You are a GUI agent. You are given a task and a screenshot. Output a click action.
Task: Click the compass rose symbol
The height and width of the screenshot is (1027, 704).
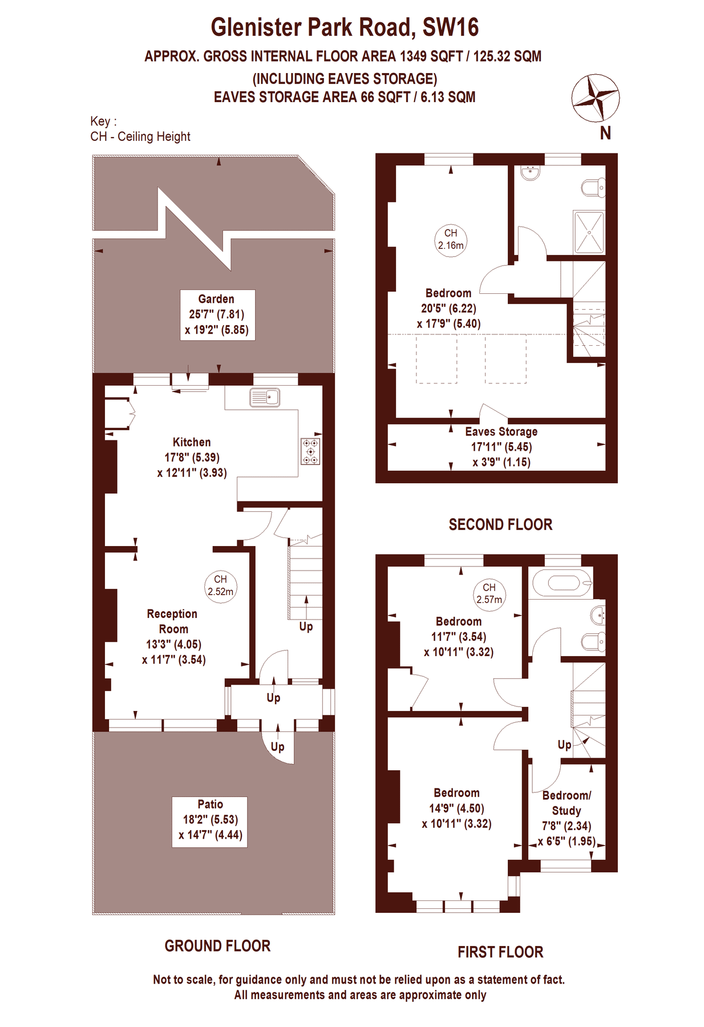pos(596,98)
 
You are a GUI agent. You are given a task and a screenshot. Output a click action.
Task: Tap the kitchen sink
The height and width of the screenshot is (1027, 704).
pos(265,397)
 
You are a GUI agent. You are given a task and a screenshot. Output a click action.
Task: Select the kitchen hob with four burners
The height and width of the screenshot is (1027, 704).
pos(311,451)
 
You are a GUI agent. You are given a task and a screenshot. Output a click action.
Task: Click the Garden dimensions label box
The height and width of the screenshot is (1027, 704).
pos(217,315)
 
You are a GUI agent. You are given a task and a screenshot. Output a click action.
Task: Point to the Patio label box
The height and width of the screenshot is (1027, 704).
pos(210,822)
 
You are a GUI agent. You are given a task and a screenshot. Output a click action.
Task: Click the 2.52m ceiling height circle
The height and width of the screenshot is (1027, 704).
pos(221,586)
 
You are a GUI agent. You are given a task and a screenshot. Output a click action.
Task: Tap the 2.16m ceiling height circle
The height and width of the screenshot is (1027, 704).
pos(451,240)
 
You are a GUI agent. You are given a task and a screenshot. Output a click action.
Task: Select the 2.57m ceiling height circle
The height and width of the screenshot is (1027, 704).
pos(489,594)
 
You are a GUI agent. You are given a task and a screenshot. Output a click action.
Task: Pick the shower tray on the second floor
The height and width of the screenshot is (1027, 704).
pos(589,232)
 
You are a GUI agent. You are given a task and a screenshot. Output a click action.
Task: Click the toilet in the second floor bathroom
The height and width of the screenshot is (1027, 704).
pos(593,188)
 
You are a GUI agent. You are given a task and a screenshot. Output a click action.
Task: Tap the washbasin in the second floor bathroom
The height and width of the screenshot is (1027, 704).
pos(531,172)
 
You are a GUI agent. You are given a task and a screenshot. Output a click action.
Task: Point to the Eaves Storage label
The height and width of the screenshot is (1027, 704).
pos(501,432)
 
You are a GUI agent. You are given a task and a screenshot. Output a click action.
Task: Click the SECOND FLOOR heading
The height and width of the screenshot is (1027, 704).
pos(500,524)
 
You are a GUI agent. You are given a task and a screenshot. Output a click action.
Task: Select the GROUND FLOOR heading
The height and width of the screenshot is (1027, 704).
pos(217,946)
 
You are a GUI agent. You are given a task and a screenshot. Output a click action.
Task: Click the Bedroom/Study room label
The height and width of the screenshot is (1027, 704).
pos(567,803)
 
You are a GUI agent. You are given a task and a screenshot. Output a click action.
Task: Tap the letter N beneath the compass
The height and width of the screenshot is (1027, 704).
pos(605,133)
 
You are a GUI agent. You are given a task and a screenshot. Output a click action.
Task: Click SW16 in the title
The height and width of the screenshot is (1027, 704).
pos(451,27)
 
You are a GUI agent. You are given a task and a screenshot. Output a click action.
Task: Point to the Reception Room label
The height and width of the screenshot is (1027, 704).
pos(172,621)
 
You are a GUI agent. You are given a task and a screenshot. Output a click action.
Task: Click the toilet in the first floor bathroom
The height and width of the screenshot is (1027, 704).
pos(593,641)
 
